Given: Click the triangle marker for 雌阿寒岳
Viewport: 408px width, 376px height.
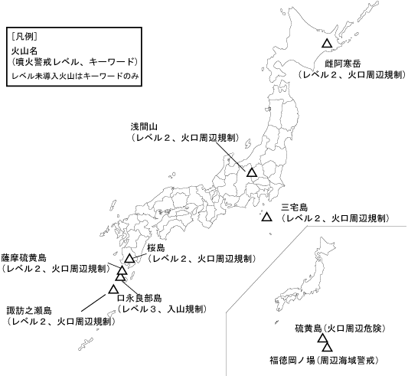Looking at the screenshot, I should coord(327,44).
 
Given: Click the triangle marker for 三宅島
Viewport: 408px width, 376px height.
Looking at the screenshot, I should coord(266,218).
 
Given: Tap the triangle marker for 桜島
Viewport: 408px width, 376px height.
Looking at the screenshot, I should coord(129,259).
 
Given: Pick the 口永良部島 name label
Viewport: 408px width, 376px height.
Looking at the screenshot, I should coord(139,299).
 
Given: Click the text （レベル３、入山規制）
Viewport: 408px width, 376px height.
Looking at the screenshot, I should coord(163,309).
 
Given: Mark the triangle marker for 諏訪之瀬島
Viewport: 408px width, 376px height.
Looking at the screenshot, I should coord(113,289).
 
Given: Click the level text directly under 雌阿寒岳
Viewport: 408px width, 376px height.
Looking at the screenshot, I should coord(348,75).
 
